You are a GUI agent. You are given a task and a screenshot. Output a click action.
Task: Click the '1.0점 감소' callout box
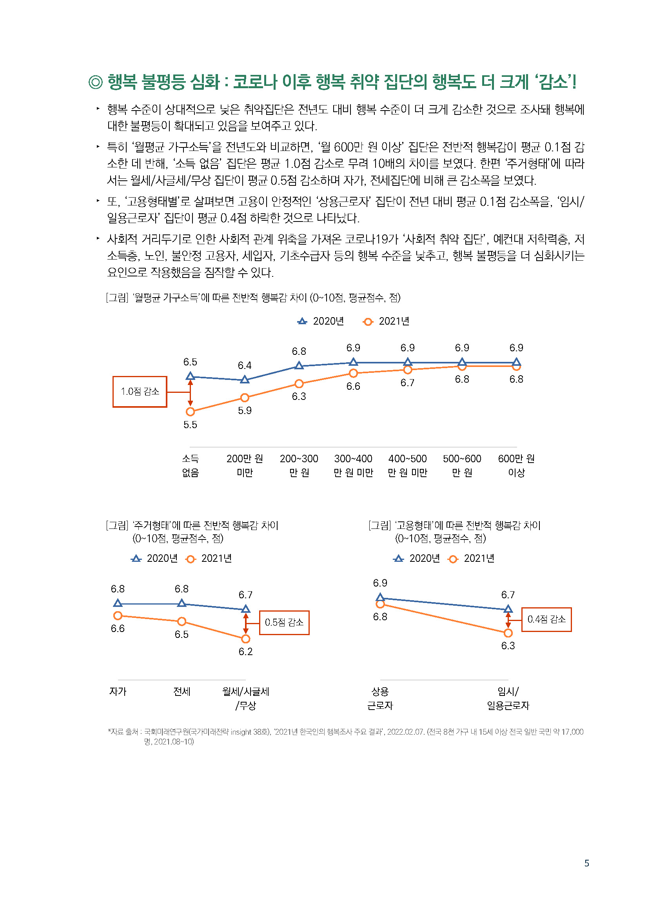(x=140, y=391)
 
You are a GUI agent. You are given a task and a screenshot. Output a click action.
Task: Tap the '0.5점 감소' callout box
(x=284, y=622)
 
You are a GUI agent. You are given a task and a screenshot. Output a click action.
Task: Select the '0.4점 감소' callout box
(x=546, y=619)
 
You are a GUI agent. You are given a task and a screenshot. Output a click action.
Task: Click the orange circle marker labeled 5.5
(x=191, y=411)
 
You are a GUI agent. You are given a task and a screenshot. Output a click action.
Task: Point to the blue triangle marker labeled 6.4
(x=245, y=380)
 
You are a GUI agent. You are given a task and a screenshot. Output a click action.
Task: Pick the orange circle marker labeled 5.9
(x=245, y=398)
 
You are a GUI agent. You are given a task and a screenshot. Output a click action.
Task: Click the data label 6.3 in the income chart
(x=299, y=396)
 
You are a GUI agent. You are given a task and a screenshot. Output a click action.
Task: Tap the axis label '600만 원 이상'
(x=516, y=465)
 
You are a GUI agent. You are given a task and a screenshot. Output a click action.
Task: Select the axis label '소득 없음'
(x=191, y=465)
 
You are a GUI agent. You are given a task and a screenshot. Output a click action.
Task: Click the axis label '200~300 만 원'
(x=299, y=465)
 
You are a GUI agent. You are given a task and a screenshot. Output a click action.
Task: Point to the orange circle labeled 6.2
(x=245, y=639)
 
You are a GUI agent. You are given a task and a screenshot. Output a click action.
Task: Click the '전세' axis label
(x=182, y=691)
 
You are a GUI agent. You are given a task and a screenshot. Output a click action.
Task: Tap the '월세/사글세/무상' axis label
(x=245, y=698)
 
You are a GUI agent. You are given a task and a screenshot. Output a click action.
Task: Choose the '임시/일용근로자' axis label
(x=508, y=698)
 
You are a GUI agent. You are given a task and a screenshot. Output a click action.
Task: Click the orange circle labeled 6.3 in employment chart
(x=508, y=633)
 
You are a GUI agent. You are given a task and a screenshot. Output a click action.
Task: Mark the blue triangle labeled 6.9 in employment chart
(x=380, y=597)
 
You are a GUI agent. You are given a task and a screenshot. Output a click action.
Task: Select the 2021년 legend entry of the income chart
(x=387, y=321)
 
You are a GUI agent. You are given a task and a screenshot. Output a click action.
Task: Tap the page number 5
(x=586, y=863)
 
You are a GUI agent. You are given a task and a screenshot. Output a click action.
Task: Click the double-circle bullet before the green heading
(x=95, y=82)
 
